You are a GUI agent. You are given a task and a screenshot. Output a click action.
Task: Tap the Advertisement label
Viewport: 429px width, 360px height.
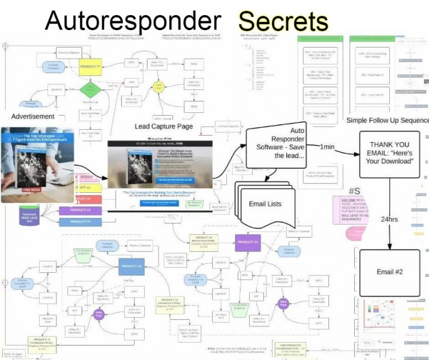click(x=33, y=116)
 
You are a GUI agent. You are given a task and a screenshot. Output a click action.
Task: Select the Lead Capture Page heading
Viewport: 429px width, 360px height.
click(x=164, y=126)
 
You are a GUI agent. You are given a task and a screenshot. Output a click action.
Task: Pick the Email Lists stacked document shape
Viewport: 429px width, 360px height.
click(x=265, y=203)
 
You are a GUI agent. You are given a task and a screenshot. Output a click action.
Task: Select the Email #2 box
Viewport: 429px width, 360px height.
click(x=390, y=273)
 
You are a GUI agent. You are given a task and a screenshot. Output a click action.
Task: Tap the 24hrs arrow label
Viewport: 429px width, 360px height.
click(x=389, y=219)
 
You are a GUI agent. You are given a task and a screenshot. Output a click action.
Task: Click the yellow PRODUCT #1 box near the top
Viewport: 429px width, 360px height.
click(x=90, y=67)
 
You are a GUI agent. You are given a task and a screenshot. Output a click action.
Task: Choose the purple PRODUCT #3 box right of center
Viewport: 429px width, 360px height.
click(x=248, y=242)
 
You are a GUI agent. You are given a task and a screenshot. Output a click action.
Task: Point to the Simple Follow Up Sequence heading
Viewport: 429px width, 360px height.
click(x=387, y=121)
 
